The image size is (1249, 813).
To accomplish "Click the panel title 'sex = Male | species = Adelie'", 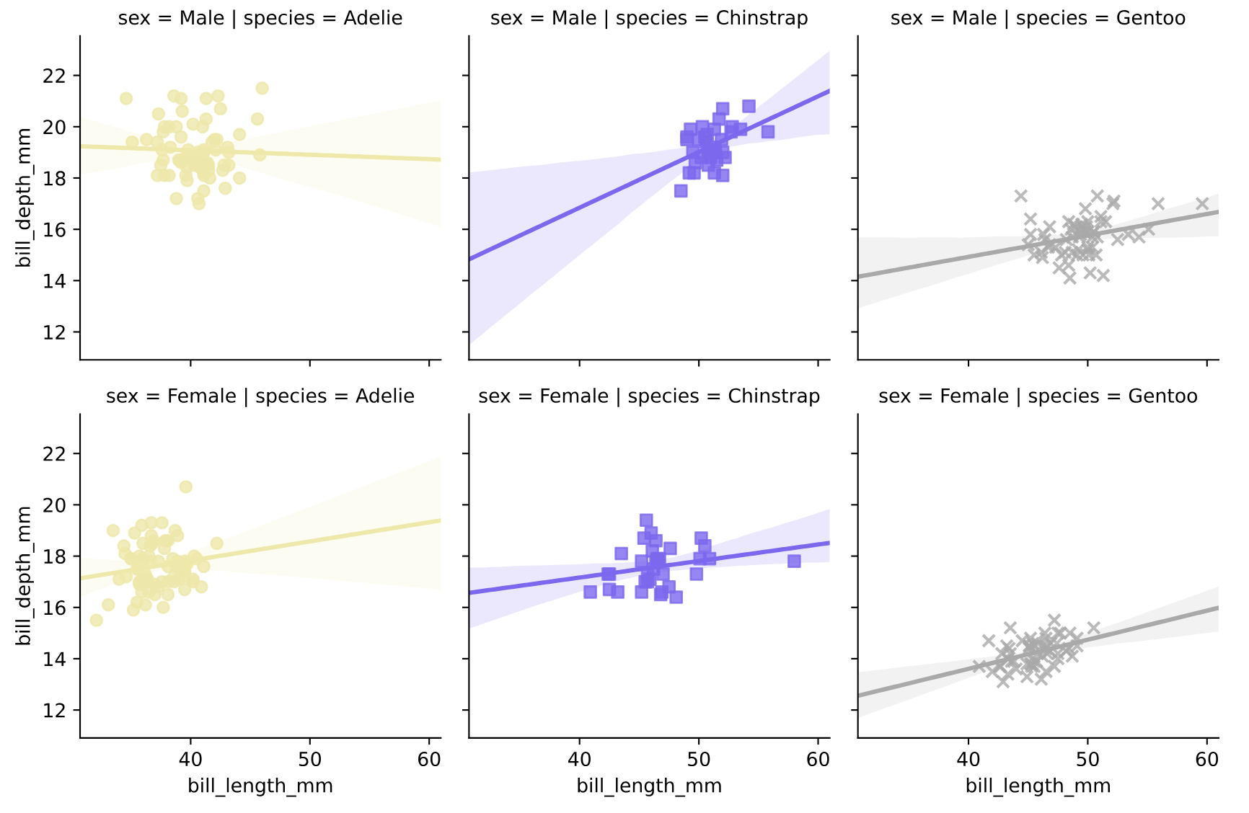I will click(x=260, y=18).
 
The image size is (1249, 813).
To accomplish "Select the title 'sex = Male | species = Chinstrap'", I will click(x=649, y=18).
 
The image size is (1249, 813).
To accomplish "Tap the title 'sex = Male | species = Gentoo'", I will click(x=1038, y=18).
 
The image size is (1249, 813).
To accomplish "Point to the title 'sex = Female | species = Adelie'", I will click(x=260, y=396).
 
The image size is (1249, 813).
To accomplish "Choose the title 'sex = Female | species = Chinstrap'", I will click(x=649, y=396).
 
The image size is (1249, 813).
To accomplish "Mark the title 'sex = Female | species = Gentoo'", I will click(x=1038, y=396).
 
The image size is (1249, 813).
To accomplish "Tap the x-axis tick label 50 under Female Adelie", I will click(x=309, y=760).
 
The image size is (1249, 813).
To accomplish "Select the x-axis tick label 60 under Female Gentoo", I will click(x=1206, y=760).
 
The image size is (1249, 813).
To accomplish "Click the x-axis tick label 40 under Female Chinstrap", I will click(x=579, y=760).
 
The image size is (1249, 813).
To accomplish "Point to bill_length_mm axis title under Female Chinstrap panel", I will click(x=649, y=786).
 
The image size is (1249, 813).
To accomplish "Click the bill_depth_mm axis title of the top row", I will click(x=25, y=197).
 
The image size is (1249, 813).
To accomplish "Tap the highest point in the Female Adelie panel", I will click(x=185, y=487).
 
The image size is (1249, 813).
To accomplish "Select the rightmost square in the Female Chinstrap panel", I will click(x=794, y=561).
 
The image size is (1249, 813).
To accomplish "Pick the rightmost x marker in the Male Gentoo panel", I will click(x=1202, y=204).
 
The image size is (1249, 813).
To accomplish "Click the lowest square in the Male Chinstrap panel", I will click(x=681, y=191).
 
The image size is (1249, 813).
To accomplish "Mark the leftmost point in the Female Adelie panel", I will click(x=96, y=620).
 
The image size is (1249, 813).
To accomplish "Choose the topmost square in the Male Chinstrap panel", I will click(x=749, y=107).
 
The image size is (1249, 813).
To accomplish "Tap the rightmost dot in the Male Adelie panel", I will click(x=262, y=88).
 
